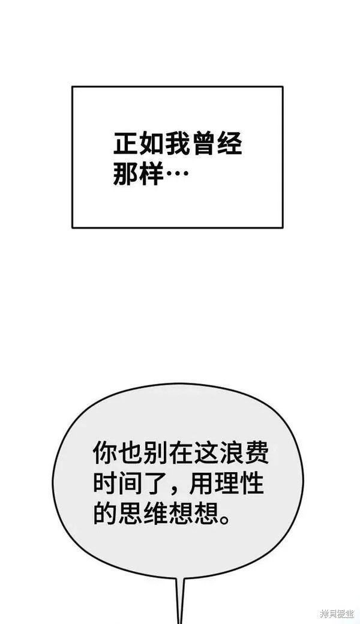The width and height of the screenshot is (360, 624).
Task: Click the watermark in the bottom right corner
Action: pyautogui.click(x=337, y=614)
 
